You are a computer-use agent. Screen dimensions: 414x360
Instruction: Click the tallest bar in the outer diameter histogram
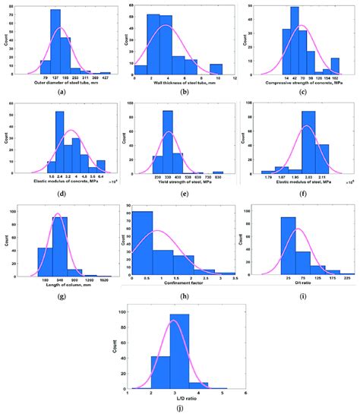pyautogui.click(x=55, y=42)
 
